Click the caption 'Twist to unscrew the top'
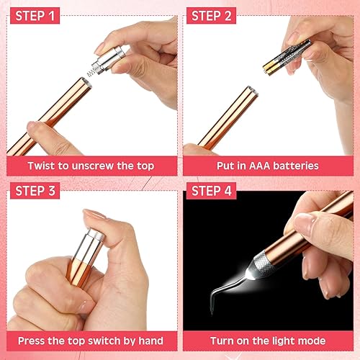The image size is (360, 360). (90, 166)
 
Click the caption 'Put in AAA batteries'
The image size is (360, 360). (267, 166)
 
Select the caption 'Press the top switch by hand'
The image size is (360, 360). (90, 341)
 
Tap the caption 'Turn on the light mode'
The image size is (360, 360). (267, 341)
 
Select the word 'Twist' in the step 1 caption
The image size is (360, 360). (42, 166)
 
